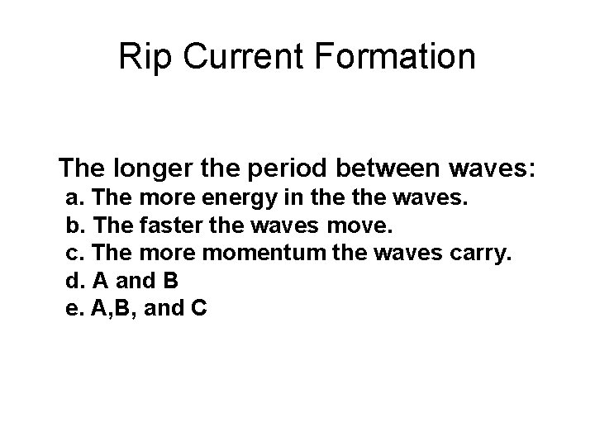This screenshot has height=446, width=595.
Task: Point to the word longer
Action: [x=155, y=170]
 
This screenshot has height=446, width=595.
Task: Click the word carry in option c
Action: [x=483, y=254]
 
